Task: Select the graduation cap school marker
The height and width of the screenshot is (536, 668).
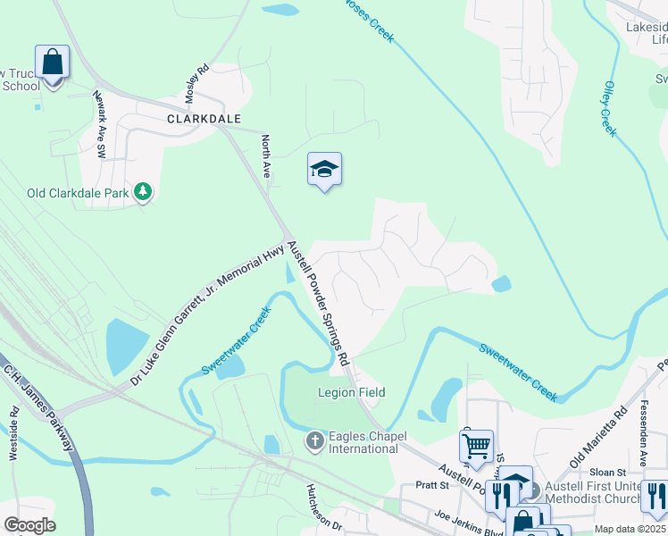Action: pos(324,169)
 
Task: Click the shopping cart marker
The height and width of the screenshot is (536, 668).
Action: pos(477,444)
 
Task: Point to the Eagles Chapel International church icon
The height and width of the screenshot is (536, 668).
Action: pos(314,440)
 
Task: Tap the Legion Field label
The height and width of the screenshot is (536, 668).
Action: pos(351,392)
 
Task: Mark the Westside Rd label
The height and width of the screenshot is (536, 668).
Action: pos(14,433)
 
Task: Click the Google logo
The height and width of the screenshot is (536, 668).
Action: pos(29,524)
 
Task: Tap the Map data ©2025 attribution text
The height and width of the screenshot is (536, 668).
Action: pos(630,529)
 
